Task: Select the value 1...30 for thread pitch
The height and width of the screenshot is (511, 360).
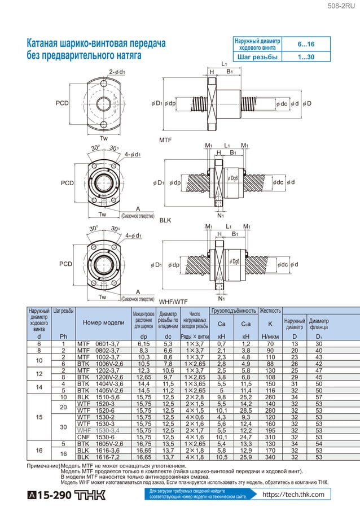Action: [x=306, y=57]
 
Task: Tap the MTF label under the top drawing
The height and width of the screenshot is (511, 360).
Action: [x=166, y=139]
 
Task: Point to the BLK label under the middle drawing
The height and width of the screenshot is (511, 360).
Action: [x=165, y=220]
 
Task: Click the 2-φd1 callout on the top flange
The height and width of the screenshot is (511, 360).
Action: [x=117, y=72]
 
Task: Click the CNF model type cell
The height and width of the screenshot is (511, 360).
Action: [x=84, y=437]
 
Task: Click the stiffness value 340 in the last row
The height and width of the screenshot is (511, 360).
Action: [x=270, y=457]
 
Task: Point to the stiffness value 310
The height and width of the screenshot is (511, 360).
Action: [x=270, y=437]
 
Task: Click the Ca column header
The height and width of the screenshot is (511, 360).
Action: [x=221, y=324]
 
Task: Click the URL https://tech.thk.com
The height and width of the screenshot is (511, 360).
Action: [x=294, y=495]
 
